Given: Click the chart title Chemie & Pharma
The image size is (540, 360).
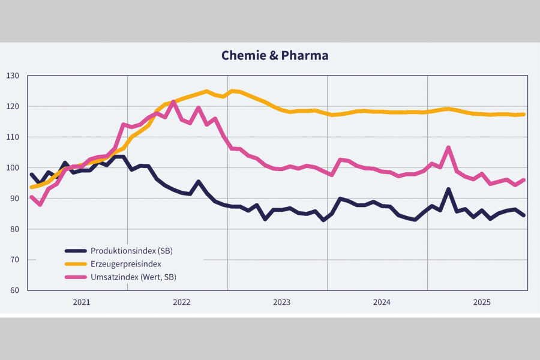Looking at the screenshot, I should click(x=275, y=56).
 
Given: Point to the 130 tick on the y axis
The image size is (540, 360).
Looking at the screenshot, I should click(x=13, y=76).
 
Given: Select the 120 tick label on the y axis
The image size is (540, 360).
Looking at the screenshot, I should click(x=13, y=106).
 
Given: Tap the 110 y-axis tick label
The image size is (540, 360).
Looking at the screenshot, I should click(x=13, y=137).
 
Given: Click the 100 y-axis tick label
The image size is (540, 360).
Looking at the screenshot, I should click(x=13, y=167).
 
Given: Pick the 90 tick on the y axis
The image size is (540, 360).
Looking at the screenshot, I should click(x=15, y=198).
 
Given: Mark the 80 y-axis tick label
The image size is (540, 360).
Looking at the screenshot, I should click(x=15, y=229).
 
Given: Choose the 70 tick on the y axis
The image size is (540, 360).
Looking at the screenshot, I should click(x=15, y=260).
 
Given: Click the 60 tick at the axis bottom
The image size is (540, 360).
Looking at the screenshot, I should click(x=15, y=290).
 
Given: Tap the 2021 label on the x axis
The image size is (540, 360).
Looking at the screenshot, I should click(x=81, y=302).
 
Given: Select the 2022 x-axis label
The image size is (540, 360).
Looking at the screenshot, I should click(x=181, y=302).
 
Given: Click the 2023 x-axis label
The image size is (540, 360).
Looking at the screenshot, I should click(x=281, y=302).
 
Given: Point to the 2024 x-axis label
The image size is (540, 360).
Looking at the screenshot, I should click(x=382, y=302).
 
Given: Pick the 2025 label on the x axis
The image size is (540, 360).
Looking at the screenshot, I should click(x=482, y=302).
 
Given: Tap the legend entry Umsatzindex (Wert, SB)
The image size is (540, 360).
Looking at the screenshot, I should click(x=133, y=277).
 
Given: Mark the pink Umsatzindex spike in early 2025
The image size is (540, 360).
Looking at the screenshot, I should click(x=448, y=148).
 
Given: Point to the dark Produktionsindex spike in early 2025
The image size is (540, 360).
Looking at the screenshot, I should click(x=448, y=190).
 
